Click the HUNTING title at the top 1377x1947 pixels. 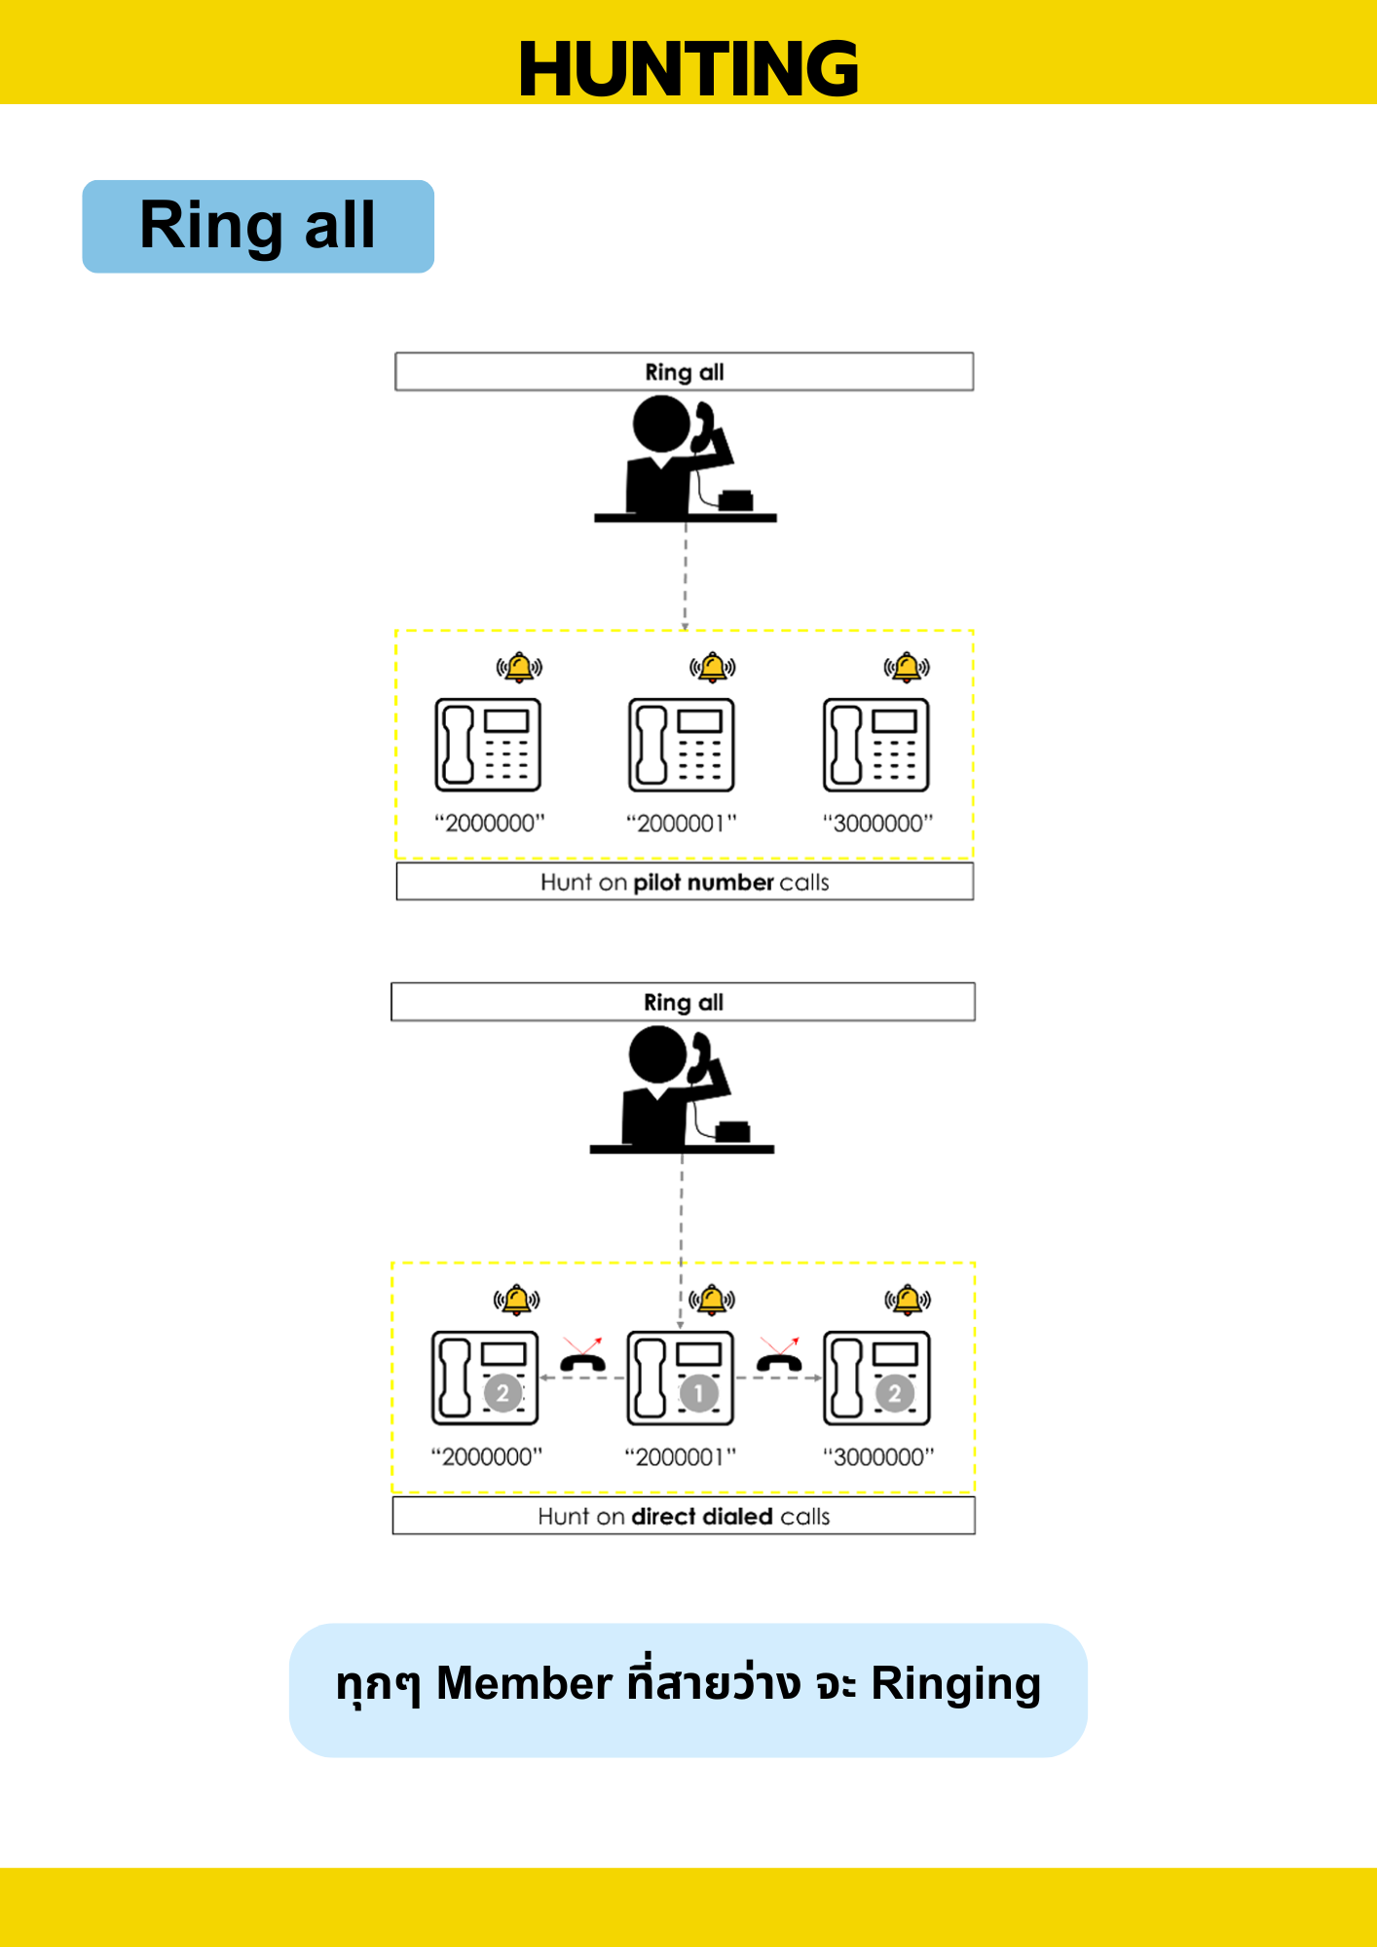(x=688, y=69)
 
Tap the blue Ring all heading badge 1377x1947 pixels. (x=258, y=226)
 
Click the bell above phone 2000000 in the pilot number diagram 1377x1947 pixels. (x=519, y=667)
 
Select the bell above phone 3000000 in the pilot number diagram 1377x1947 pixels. (x=907, y=667)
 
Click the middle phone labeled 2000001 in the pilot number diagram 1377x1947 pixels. (x=681, y=745)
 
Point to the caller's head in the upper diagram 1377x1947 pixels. (x=661, y=424)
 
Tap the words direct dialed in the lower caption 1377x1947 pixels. (x=702, y=1516)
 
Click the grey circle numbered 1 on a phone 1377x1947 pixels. (x=698, y=1393)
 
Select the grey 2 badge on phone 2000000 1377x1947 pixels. (x=502, y=1393)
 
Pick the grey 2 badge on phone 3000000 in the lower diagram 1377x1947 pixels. (x=894, y=1393)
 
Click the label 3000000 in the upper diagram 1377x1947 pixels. (x=877, y=824)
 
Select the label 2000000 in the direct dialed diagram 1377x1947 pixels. (x=486, y=1457)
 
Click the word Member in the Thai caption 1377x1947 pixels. (x=524, y=1683)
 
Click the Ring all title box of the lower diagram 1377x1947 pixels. (x=683, y=1002)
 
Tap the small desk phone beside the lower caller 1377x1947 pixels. (x=732, y=1131)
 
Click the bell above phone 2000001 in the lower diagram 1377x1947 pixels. (x=712, y=1300)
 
